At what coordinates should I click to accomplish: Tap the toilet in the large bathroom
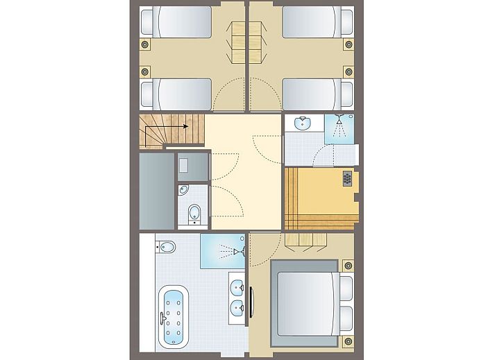166,246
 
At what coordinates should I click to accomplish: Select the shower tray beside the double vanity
223,250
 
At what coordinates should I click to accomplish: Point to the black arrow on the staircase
185,126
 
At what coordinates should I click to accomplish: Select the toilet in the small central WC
194,212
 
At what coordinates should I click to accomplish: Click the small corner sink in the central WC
183,189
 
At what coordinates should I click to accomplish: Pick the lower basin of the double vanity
237,307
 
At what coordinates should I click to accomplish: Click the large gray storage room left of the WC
156,191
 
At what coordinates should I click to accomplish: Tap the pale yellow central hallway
236,173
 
